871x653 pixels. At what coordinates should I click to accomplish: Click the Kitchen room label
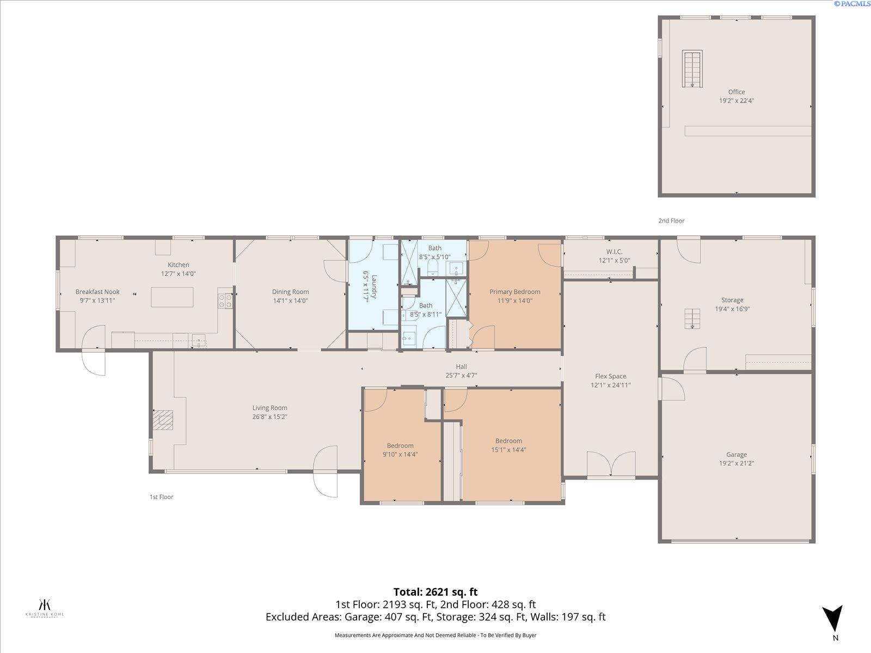click(178, 265)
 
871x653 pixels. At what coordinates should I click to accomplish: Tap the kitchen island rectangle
click(172, 297)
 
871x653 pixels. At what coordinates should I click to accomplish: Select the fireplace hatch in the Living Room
click(162, 420)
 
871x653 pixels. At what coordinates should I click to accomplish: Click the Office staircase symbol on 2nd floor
click(692, 69)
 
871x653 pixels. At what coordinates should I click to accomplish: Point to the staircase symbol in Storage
click(692, 318)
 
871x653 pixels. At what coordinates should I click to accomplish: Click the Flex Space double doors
click(611, 466)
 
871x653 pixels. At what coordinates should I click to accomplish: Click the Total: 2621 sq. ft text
click(436, 592)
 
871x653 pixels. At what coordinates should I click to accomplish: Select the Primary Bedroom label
click(514, 292)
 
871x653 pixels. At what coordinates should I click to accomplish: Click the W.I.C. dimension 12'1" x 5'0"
click(614, 260)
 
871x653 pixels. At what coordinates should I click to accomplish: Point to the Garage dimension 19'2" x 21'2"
click(736, 464)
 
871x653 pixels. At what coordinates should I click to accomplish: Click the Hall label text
click(461, 367)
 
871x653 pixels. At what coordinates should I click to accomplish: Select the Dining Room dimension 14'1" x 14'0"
click(290, 300)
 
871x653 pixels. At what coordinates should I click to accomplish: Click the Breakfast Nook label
click(97, 292)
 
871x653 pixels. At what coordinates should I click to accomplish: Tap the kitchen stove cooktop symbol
click(225, 300)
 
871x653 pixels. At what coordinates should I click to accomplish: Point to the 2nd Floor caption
click(671, 221)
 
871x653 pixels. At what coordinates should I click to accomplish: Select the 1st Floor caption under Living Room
click(161, 497)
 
